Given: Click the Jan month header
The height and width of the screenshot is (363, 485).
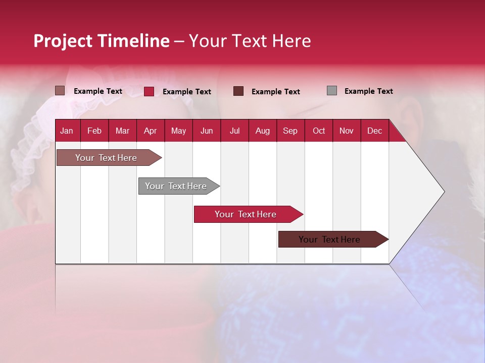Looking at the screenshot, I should (x=67, y=131).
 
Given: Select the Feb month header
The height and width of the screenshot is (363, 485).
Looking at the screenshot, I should (x=94, y=131).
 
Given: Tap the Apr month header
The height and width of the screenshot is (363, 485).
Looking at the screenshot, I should (x=150, y=131).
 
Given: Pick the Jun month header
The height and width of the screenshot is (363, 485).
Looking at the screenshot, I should (x=207, y=131).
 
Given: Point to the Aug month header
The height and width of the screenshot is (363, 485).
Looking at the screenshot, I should (x=262, y=131).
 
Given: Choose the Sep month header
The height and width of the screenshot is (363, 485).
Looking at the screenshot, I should (x=290, y=131).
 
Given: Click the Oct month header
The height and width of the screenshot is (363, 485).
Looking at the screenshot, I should (x=319, y=131).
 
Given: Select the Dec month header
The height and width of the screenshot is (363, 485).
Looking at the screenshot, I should (x=374, y=131).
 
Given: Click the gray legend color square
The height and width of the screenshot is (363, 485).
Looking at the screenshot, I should (x=332, y=91).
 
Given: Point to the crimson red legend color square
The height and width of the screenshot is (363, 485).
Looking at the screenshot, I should (x=149, y=91).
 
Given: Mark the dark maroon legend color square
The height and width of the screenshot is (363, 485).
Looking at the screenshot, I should (x=238, y=91).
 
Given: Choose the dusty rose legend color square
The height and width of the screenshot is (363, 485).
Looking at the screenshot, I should (x=60, y=91).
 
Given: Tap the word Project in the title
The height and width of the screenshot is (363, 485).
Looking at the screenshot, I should (x=63, y=41).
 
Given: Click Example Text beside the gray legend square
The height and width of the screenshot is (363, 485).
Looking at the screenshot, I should (x=368, y=91).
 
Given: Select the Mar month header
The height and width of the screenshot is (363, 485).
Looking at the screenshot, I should (x=122, y=131).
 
